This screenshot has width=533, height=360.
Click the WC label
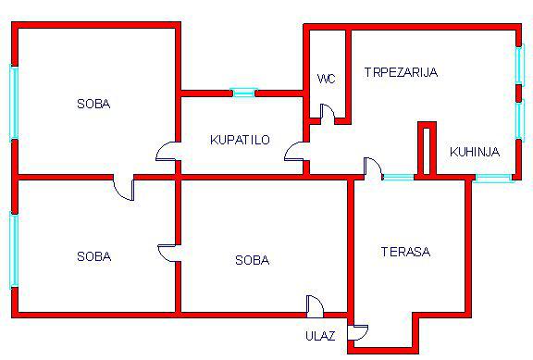(326, 79)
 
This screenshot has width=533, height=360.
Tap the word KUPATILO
(240, 140)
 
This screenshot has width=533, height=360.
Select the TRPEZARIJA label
(401, 72)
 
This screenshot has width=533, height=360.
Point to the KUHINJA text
(475, 152)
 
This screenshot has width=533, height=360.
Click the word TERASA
(405, 252)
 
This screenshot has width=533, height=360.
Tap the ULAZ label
(320, 336)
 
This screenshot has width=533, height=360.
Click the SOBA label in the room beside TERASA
(253, 260)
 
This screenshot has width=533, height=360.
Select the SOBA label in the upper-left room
(93, 104)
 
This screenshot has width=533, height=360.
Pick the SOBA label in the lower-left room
(93, 256)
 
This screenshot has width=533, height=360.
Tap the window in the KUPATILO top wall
(243, 93)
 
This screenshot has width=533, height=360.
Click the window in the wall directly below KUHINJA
(493, 178)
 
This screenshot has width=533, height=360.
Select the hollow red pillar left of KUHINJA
(427, 150)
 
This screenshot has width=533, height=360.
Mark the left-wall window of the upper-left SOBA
(14, 103)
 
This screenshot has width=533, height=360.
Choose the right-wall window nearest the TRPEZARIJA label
(519, 65)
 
